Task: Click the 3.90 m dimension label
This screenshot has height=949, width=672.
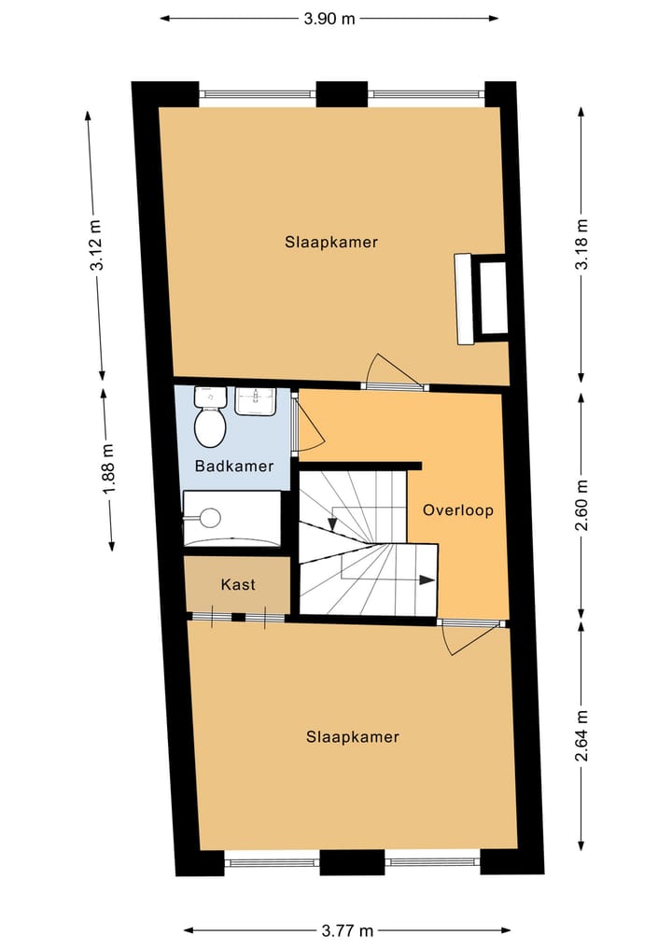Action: click(329, 18)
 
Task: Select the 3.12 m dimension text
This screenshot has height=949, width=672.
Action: click(96, 244)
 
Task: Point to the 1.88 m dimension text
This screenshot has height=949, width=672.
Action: click(108, 468)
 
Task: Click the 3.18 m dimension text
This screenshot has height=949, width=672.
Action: click(582, 244)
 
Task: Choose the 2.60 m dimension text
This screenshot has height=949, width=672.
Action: click(582, 505)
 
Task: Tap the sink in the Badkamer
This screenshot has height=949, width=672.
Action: click(255, 400)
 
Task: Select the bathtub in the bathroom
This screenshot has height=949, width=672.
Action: click(231, 519)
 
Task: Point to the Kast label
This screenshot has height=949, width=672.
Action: click(238, 585)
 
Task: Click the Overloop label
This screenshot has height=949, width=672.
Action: click(457, 510)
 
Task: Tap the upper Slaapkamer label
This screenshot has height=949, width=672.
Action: click(331, 242)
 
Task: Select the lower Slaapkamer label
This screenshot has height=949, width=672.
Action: click(352, 737)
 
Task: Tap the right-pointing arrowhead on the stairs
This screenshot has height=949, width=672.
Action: click(427, 579)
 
